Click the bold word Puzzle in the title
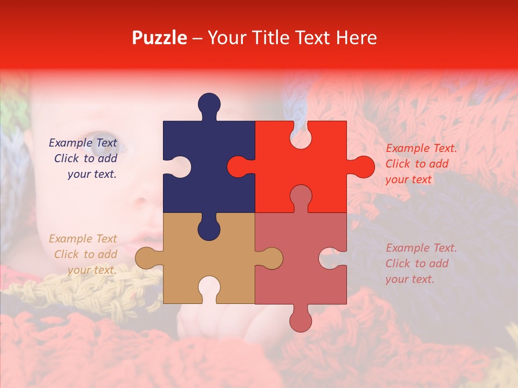(160, 38)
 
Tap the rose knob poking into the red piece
(301, 196)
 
